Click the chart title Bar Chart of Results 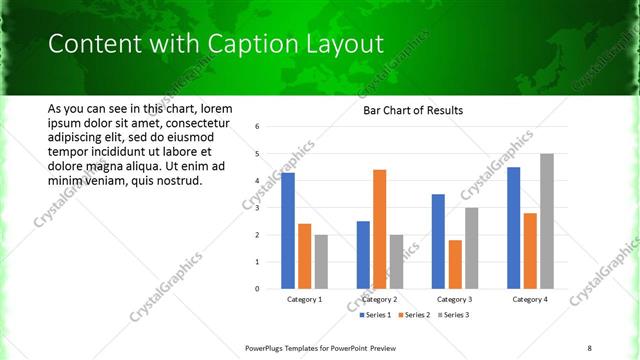[412, 110]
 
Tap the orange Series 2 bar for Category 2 [379, 229]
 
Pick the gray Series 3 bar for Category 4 [546, 221]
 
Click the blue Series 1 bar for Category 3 [437, 241]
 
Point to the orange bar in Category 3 [455, 264]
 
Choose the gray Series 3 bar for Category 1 [321, 262]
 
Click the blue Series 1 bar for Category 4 [513, 228]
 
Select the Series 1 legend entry [375, 315]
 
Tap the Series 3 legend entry [451, 315]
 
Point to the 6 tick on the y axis [258, 127]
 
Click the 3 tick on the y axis [258, 208]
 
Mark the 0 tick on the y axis [258, 289]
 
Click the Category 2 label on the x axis [379, 299]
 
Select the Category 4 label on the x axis [529, 299]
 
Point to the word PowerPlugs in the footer [267, 347]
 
